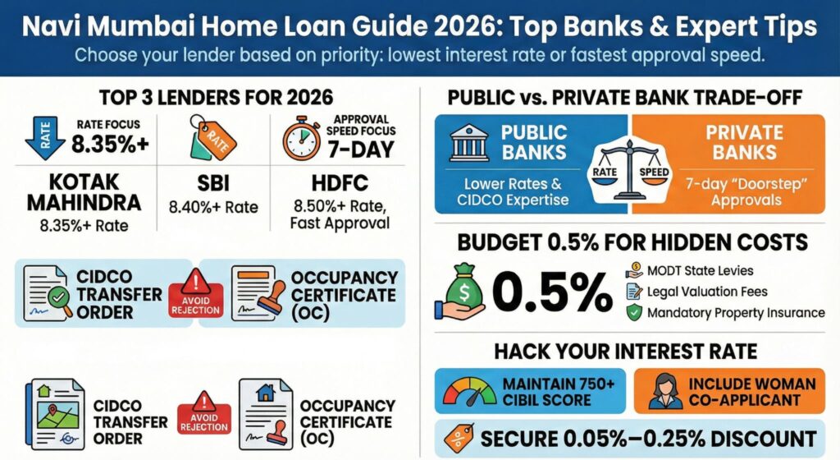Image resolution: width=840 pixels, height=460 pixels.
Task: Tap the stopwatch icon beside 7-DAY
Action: [301, 140]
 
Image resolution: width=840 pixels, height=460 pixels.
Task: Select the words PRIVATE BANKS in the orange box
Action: [745, 142]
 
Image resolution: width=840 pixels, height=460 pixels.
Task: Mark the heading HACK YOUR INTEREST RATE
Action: [626, 352]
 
